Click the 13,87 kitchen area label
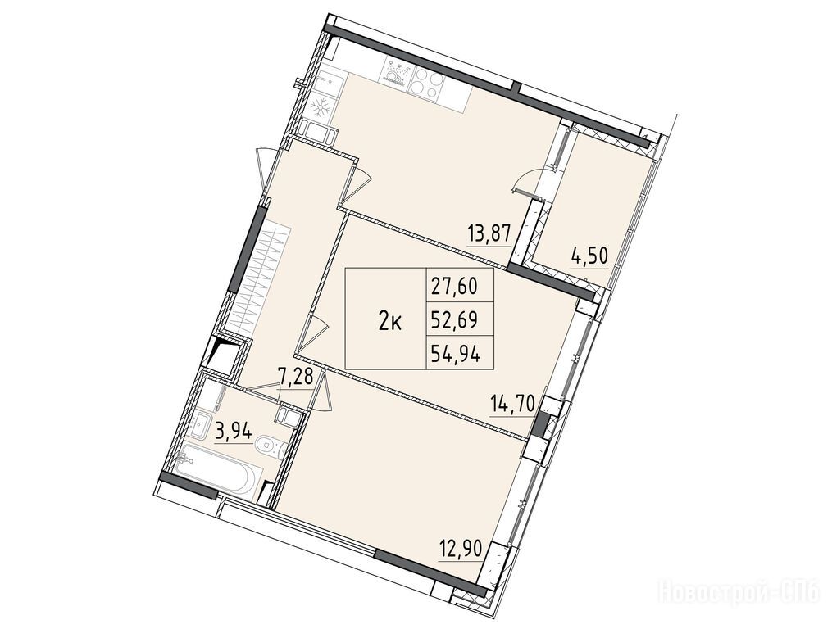tap(489, 233)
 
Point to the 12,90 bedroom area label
tap(461, 548)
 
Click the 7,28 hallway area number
tap(296, 379)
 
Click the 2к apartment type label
tap(390, 321)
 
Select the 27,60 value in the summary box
tap(454, 287)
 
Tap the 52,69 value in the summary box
tap(454, 319)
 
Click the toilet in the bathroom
tap(271, 446)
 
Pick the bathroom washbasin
tap(203, 425)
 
